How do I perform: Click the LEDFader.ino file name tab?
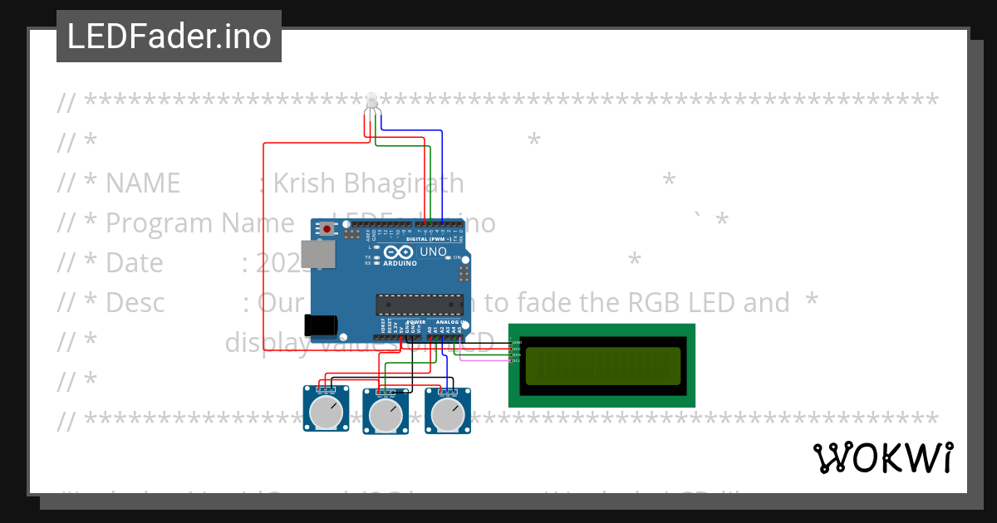pos(169,37)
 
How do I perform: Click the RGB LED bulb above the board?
pos(371,100)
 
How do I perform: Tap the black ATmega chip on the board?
pos(419,305)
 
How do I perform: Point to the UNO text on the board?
pos(433,252)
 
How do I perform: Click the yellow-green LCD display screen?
pos(602,366)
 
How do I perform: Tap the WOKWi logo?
pos(882,457)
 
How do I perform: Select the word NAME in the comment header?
pos(142,183)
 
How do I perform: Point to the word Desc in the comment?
pos(135,303)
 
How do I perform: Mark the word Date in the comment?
pos(135,262)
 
